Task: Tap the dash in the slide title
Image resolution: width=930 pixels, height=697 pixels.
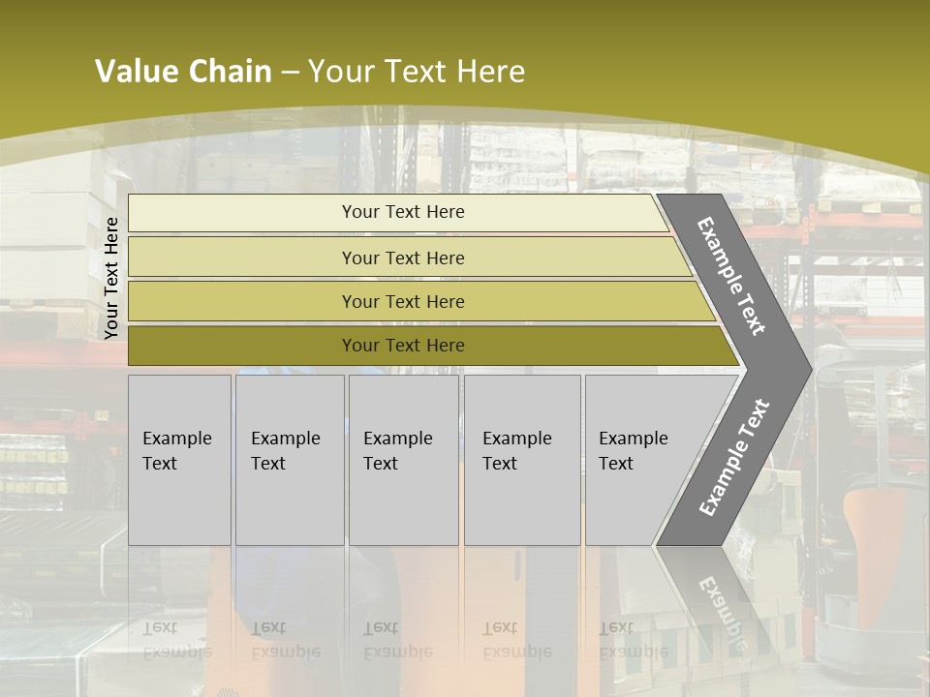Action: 290,73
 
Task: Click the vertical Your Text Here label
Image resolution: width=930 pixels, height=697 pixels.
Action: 111,278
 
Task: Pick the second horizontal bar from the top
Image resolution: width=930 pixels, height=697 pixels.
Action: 403,258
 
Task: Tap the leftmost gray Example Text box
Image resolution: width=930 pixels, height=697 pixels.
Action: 179,460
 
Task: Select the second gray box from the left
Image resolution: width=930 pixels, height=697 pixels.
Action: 290,460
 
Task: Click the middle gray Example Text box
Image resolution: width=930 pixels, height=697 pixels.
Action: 403,460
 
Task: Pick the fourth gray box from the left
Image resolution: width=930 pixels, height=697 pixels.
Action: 522,460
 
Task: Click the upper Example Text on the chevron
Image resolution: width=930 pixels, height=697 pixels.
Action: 732,276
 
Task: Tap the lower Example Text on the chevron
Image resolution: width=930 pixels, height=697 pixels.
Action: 734,457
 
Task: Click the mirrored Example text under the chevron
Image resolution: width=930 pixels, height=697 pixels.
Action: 722,610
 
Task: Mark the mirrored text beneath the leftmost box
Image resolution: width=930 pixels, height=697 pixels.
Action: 176,640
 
